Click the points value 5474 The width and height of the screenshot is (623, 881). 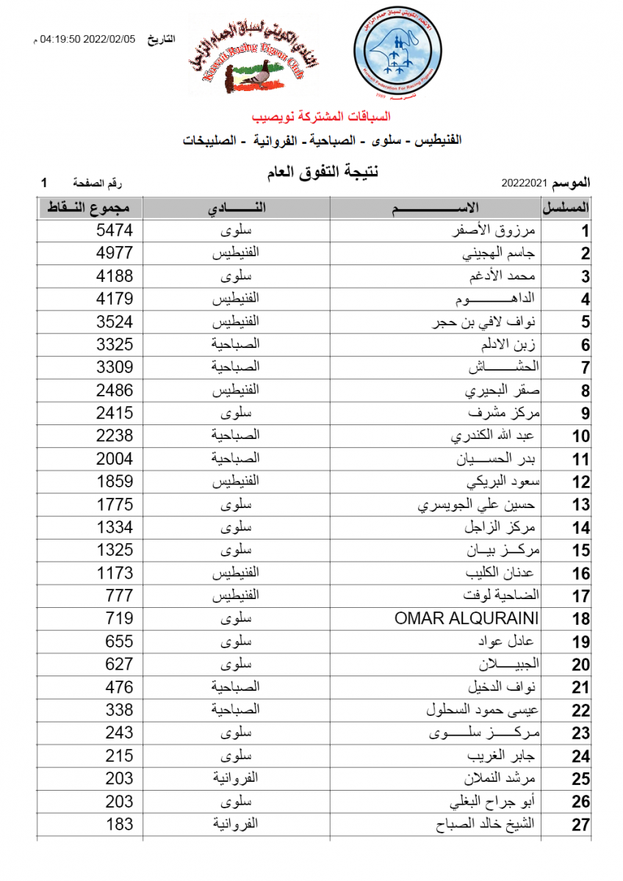(115, 231)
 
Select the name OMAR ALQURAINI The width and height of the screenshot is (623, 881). (467, 618)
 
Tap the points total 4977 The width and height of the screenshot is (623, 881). (115, 253)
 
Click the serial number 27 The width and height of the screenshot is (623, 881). (581, 825)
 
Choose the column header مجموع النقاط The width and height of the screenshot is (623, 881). (90, 208)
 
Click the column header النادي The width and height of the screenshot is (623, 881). (237, 208)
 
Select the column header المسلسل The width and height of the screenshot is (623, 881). (566, 208)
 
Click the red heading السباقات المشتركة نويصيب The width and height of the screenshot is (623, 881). (321, 117)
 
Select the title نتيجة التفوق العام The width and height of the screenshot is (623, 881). (321, 173)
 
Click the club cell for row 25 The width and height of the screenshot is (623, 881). (237, 779)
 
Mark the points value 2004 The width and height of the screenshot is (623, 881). (115, 459)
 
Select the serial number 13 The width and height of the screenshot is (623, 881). (581, 505)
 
